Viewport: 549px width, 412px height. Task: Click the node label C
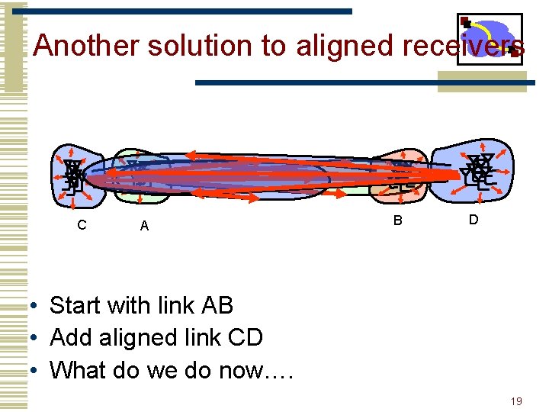[x=82, y=225]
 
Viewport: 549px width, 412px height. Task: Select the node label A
[x=144, y=226]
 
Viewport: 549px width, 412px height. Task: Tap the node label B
[x=397, y=221]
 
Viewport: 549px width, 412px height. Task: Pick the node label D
[x=474, y=220]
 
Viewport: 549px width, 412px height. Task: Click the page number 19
[x=516, y=401]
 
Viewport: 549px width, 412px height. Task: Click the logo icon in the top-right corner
[x=490, y=40]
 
